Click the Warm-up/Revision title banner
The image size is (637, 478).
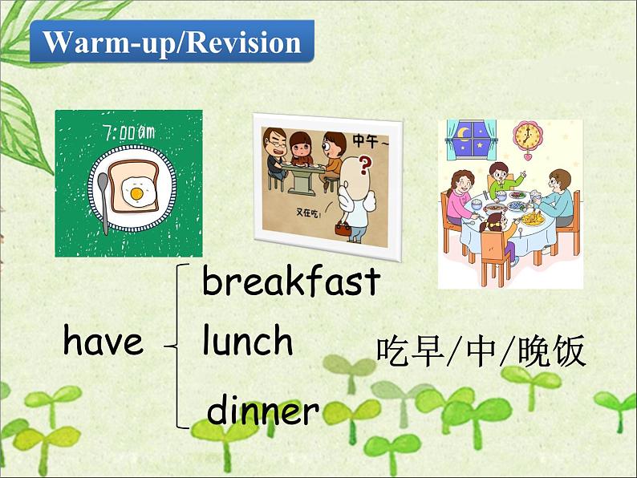pos(172,43)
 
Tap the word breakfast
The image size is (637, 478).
pos(290,282)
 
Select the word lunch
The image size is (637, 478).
pos(247,342)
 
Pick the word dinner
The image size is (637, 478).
pos(263,411)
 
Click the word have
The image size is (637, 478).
pos(103,342)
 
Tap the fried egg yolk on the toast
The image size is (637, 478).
pos(137,193)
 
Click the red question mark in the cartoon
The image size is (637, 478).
pos(367,166)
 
